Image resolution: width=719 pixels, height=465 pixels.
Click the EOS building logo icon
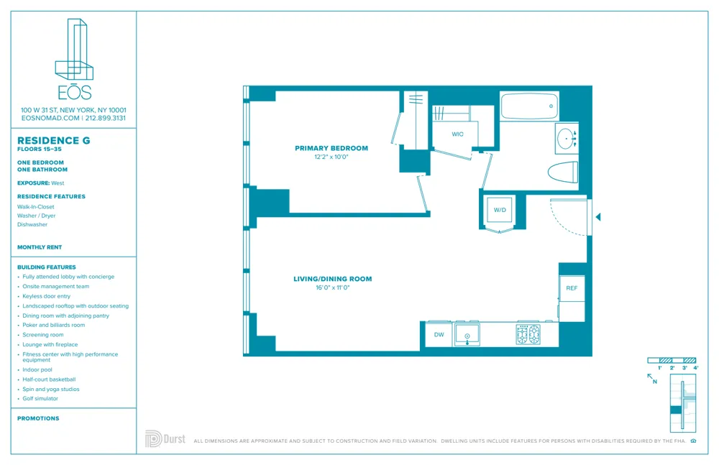point(74,50)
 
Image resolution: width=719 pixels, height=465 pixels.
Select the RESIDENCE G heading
point(54,141)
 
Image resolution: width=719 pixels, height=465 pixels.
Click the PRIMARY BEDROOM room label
point(331,149)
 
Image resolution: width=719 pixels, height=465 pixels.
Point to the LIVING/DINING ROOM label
point(332,279)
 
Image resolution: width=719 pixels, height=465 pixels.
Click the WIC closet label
point(457,134)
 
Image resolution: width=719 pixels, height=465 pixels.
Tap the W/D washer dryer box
point(499,210)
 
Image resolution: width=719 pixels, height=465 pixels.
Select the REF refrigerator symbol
point(572,288)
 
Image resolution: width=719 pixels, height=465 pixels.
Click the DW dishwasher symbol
point(439,335)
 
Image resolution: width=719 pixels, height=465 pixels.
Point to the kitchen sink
point(468,335)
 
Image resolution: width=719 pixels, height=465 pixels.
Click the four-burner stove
point(528,334)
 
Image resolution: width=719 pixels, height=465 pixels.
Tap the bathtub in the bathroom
point(529,106)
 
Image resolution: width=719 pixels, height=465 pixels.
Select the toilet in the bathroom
point(563,173)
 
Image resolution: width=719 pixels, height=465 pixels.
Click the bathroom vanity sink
point(567,138)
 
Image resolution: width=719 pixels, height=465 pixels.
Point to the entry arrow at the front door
point(597,216)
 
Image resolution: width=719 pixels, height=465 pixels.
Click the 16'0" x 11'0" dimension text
point(332,287)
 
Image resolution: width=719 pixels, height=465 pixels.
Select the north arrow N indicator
point(652,378)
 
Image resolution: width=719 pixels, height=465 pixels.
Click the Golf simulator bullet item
point(40,398)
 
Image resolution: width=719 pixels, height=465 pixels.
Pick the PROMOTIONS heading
point(38,418)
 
